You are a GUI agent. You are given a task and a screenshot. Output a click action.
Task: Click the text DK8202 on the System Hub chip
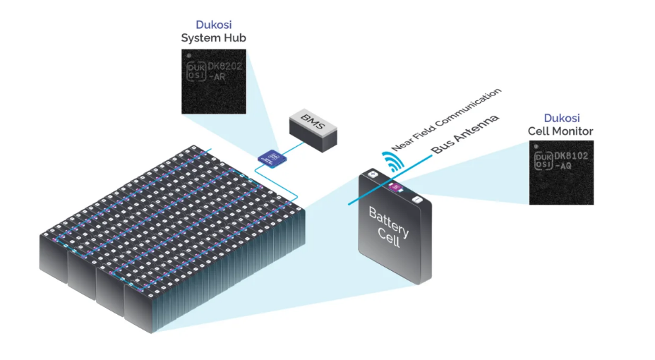click(226, 67)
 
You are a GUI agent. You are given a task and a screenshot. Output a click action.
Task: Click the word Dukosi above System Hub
click(213, 24)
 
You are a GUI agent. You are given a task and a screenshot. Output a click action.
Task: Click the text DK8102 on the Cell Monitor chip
click(573, 156)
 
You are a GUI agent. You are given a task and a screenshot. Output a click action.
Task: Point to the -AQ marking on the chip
click(565, 167)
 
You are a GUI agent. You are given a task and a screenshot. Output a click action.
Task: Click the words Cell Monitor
click(560, 131)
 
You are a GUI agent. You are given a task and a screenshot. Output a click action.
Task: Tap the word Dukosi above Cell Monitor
click(561, 118)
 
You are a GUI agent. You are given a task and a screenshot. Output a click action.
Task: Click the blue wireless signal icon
click(393, 162)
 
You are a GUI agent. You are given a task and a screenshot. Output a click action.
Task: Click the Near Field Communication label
click(447, 120)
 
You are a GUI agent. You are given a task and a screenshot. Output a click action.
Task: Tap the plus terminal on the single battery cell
click(371, 174)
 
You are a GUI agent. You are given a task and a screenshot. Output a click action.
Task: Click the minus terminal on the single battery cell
click(417, 200)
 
